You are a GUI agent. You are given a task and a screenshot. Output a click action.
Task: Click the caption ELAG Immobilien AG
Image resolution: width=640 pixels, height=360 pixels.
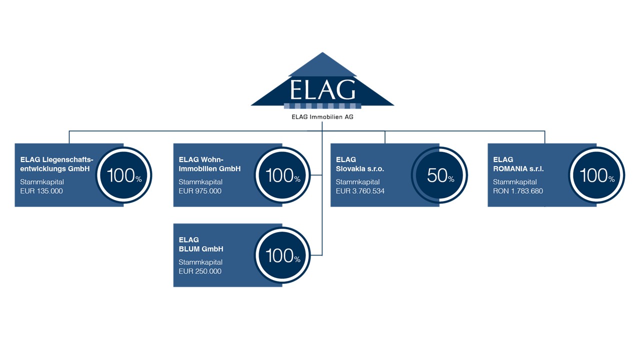(322, 117)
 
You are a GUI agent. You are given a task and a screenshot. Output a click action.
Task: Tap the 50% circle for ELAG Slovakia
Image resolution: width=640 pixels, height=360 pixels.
(439, 175)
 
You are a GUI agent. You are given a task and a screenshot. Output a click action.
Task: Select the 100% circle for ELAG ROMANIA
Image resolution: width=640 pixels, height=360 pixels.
(596, 175)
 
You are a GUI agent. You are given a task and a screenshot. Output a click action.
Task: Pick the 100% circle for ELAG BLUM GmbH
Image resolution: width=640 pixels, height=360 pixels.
(282, 255)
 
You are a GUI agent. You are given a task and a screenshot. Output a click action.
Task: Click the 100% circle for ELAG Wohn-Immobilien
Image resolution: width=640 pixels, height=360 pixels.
(282, 175)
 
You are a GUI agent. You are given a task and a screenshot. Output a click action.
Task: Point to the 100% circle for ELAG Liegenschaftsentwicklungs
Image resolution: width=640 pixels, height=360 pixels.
(123, 175)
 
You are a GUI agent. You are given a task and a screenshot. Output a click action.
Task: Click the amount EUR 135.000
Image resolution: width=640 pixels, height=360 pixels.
(41, 191)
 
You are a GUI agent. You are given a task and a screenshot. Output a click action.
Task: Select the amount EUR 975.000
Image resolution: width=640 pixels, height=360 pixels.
(200, 191)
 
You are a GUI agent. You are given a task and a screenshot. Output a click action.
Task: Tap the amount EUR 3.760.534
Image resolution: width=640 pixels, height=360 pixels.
(360, 191)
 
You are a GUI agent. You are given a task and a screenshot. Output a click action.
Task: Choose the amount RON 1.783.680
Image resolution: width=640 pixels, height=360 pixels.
(517, 191)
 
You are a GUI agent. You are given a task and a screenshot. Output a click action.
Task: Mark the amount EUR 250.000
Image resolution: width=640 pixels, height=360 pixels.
(200, 271)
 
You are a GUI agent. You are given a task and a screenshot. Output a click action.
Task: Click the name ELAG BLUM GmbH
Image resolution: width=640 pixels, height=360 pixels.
(201, 244)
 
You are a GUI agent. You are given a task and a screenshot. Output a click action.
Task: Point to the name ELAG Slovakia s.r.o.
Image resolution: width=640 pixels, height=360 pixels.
(359, 164)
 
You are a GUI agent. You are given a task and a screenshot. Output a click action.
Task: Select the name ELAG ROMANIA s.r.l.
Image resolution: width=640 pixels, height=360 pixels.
(518, 164)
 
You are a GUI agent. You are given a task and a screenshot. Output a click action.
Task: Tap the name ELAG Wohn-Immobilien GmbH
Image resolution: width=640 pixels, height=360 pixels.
(209, 164)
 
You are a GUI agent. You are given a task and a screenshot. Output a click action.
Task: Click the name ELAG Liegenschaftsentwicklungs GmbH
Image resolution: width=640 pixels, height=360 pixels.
(56, 164)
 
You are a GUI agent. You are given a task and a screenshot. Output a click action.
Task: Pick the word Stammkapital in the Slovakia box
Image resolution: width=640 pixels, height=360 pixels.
(357, 182)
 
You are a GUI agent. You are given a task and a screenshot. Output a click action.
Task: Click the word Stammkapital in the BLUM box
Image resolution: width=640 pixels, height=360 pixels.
(200, 262)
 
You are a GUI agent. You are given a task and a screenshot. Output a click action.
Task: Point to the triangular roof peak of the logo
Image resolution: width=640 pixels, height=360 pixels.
(322, 52)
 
